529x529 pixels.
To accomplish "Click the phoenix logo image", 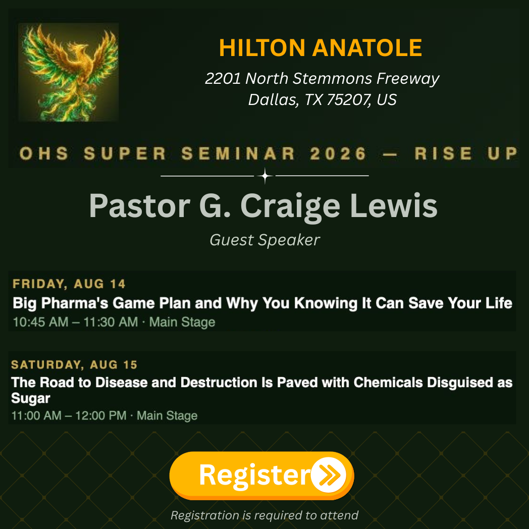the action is tap(69, 72).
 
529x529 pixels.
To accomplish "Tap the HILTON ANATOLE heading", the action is tap(321, 47).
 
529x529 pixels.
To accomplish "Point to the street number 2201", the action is tap(223, 78).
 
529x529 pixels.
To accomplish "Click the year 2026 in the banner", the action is tap(338, 153).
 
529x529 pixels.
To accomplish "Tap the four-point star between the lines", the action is tap(265, 176).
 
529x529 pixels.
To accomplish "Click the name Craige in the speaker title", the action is tap(290, 206).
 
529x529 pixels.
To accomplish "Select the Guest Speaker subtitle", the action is tap(265, 240).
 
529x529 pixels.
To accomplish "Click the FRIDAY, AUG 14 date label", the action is tap(69, 284).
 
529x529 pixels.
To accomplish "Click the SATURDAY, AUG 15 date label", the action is tap(74, 365).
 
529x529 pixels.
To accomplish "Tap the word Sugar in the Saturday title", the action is tap(31, 398).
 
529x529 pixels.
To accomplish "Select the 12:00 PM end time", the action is tap(101, 415).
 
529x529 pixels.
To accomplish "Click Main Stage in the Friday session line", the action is tap(182, 322).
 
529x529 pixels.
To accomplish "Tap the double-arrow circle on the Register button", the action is tap(329, 475).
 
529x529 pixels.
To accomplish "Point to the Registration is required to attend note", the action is tap(264, 515).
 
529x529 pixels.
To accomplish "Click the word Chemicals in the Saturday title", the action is tap(388, 383).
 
